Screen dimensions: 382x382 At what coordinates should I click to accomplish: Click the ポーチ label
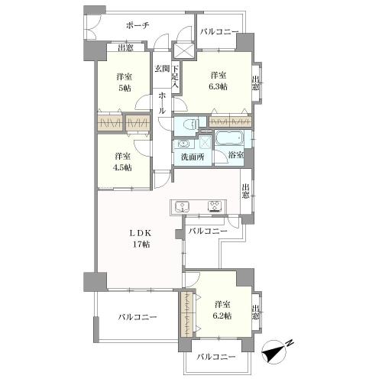(138, 25)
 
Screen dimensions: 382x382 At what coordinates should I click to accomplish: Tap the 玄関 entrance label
(162, 68)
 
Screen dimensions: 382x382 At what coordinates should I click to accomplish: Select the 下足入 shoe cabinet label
(175, 76)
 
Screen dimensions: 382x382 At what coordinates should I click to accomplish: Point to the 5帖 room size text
(125, 88)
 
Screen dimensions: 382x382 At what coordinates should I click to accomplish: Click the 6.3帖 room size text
(219, 86)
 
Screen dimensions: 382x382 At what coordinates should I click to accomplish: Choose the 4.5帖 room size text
(123, 167)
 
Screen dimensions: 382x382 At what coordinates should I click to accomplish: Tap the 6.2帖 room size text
(222, 316)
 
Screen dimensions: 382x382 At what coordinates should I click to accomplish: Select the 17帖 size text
(141, 244)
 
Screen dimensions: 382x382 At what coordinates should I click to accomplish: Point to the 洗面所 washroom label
(193, 157)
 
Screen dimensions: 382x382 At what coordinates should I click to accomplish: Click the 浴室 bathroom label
(235, 154)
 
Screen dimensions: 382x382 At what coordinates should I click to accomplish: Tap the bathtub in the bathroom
(230, 139)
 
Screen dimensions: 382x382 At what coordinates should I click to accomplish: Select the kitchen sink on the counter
(182, 206)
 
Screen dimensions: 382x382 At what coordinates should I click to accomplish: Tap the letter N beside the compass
(290, 343)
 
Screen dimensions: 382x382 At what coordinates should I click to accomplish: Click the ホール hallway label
(162, 103)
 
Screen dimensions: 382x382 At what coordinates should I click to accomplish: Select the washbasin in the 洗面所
(183, 144)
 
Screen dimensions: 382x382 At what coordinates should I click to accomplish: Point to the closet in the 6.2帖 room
(186, 315)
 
